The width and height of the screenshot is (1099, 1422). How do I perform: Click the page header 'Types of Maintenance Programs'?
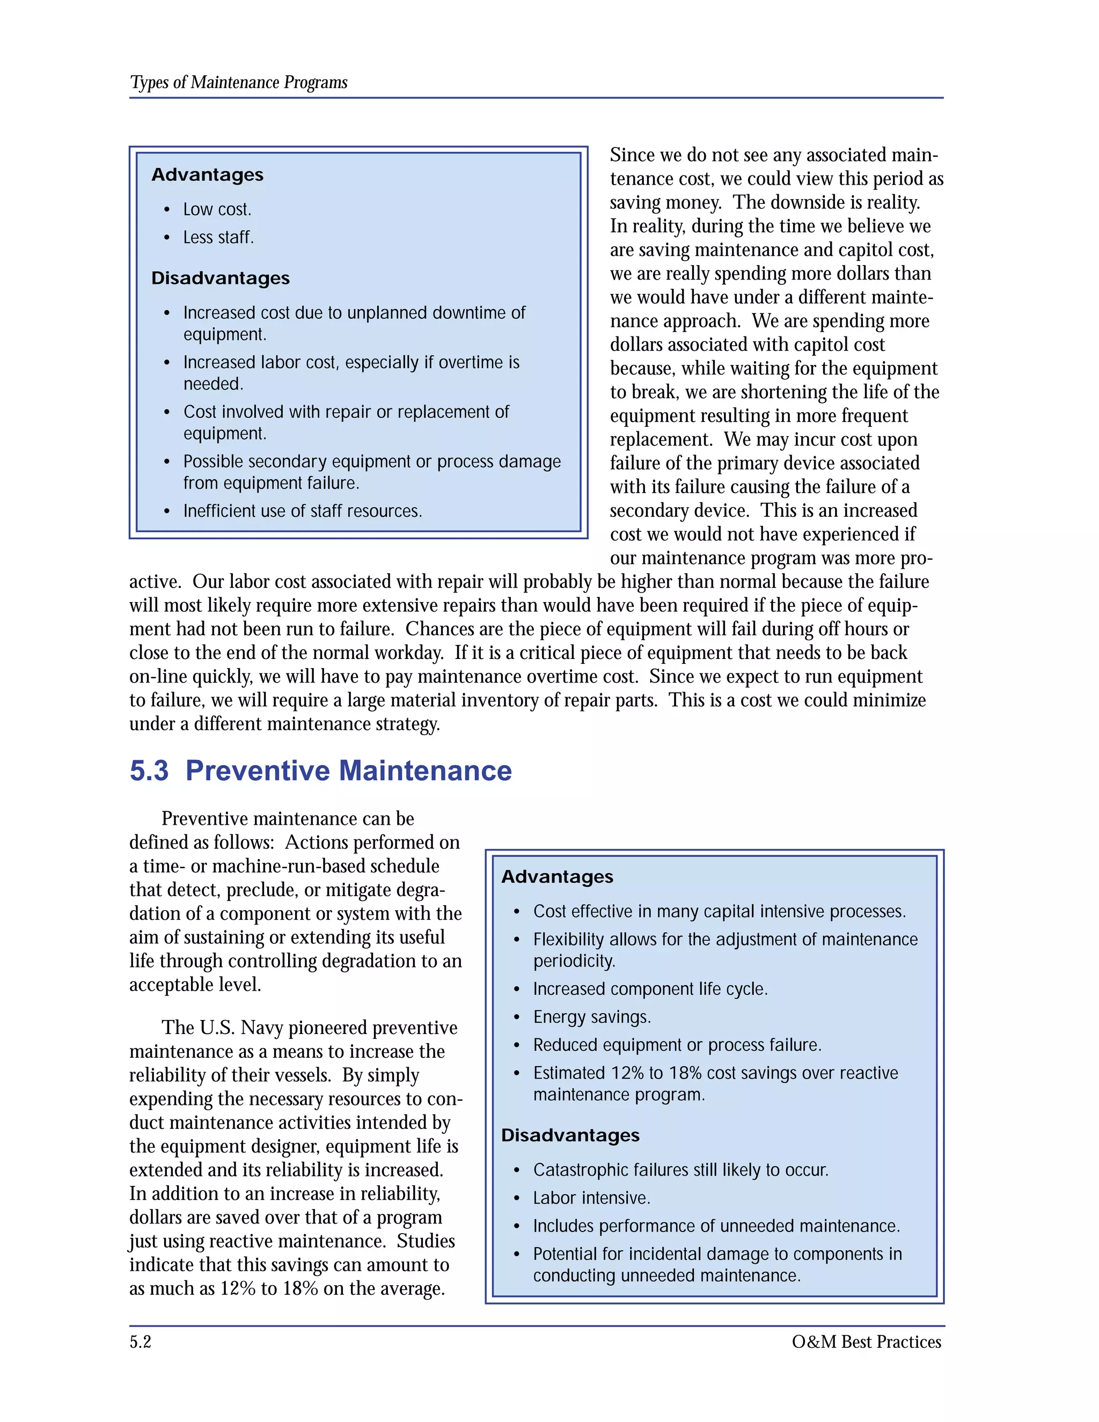(238, 83)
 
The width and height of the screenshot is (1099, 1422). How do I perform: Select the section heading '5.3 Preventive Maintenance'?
(320, 771)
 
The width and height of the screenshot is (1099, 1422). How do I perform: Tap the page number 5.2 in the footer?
(140, 1342)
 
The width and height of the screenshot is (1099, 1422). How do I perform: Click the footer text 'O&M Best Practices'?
(866, 1342)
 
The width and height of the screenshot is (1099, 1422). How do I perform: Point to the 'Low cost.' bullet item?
(217, 210)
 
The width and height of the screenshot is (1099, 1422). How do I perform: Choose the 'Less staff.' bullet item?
(218, 238)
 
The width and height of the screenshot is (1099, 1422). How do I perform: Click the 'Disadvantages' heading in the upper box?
(220, 278)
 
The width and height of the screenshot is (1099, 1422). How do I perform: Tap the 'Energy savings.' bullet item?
(591, 1017)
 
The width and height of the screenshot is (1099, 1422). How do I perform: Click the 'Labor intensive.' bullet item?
(591, 1198)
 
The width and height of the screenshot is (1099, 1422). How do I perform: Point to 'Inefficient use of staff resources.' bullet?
(302, 511)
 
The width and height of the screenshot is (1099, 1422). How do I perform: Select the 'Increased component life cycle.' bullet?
(650, 989)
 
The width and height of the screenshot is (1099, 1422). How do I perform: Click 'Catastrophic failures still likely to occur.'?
(680, 1170)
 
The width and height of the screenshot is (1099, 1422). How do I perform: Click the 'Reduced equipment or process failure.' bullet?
(677, 1045)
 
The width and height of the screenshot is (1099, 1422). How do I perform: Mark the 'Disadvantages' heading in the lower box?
(570, 1135)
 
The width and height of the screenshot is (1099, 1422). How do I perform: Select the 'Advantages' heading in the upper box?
(207, 174)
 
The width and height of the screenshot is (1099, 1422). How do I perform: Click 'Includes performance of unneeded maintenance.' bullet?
(716, 1226)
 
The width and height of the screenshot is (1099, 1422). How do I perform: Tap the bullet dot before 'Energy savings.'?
(516, 1017)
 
